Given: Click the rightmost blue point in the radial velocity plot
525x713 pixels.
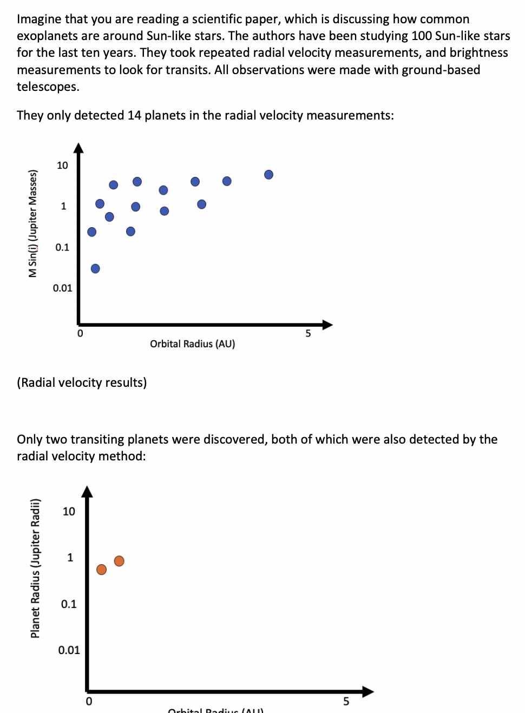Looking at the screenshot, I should [x=268, y=174].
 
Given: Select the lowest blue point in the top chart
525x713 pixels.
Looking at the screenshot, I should [x=95, y=268].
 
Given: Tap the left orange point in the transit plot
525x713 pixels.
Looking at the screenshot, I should [x=101, y=569].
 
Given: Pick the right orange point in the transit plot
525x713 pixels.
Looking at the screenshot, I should [x=119, y=561].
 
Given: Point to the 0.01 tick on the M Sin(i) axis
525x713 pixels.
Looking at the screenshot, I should [x=62, y=288].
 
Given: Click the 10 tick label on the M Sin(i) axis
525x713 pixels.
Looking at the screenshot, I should [x=62, y=166].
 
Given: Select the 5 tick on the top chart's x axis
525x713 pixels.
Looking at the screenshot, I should [x=308, y=333].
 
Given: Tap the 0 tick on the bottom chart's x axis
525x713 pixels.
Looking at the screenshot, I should [x=89, y=701].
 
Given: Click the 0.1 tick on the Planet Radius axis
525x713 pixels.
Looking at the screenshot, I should [x=69, y=604].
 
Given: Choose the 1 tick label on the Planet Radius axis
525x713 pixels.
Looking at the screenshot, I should [x=70, y=557].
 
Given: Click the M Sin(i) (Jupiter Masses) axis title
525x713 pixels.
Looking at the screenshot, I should [x=33, y=223].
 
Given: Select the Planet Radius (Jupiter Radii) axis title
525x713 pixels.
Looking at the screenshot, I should [x=35, y=568].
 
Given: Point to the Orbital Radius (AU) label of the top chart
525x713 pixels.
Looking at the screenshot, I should [x=192, y=344].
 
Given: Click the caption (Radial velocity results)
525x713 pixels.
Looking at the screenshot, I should [x=82, y=382].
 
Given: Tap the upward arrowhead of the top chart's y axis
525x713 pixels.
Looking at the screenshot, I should [x=78, y=148].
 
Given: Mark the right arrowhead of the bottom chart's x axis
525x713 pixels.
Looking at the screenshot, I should [x=368, y=691].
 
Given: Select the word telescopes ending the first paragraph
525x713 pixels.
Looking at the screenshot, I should [x=48, y=87].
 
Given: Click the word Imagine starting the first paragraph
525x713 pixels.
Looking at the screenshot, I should [x=38, y=19].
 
